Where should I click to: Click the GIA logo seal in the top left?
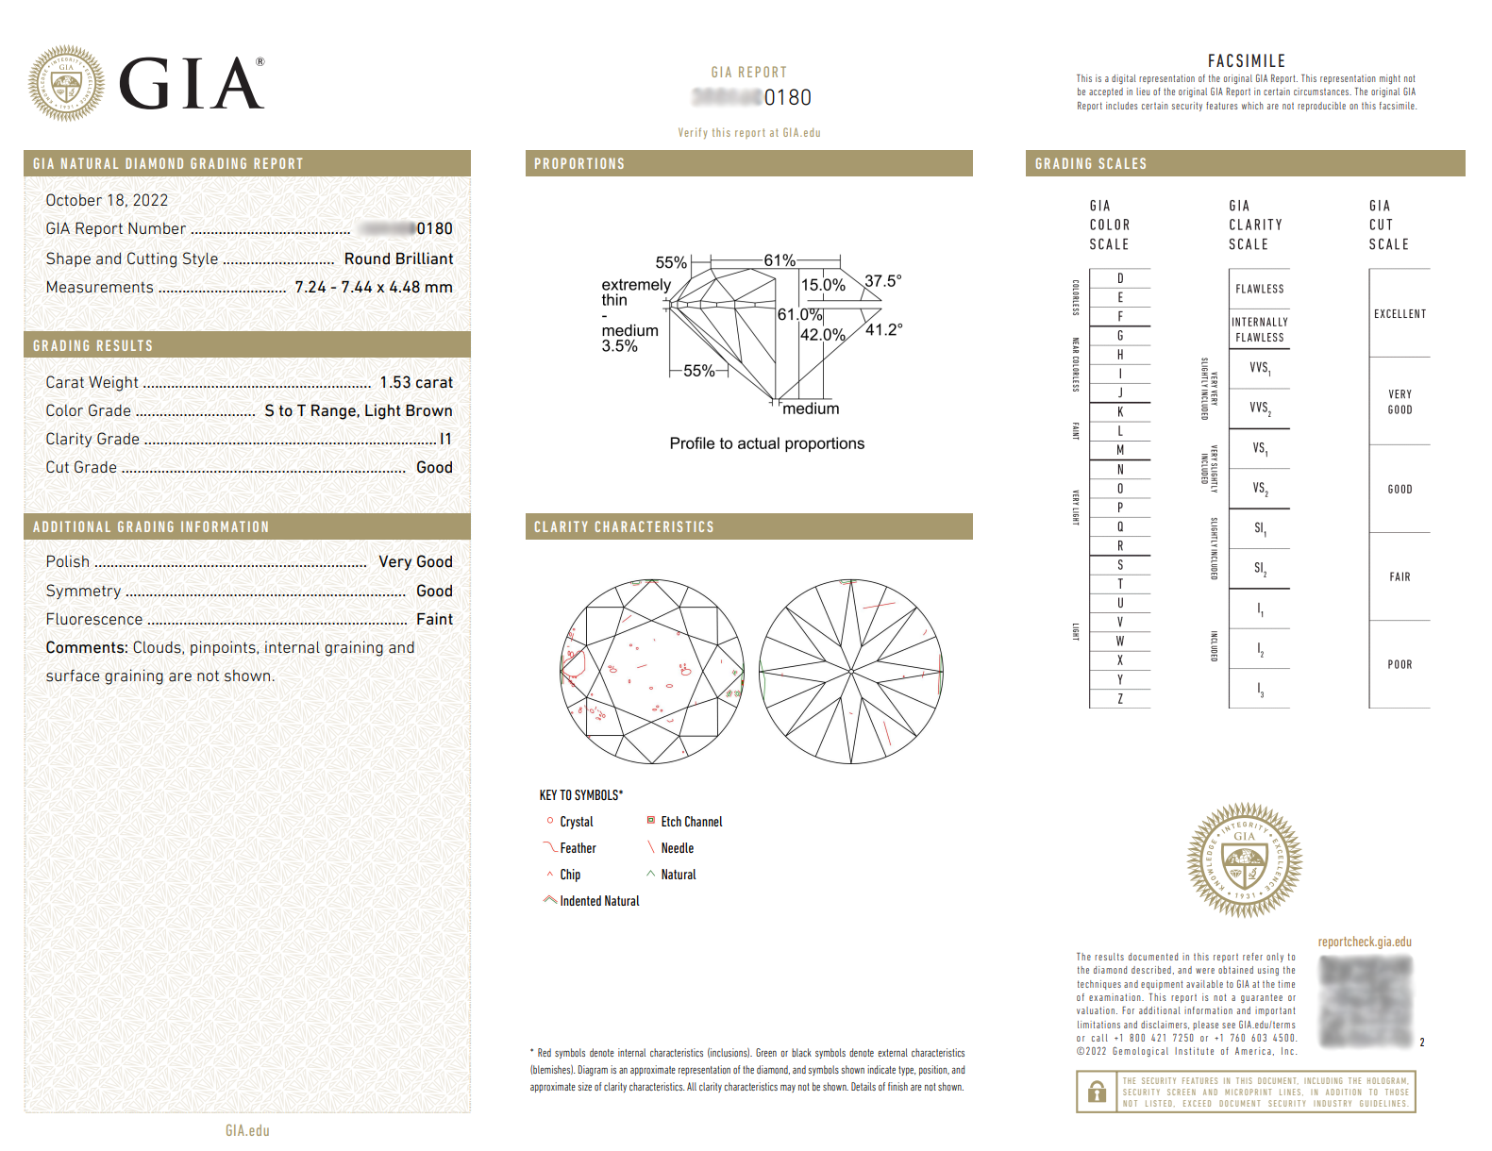coord(66,84)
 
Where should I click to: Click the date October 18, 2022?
coord(107,200)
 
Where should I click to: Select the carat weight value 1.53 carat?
coord(416,382)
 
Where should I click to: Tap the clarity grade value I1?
coord(445,439)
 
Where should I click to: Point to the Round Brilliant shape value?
coord(398,259)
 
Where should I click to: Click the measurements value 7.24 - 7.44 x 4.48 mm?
coord(374,287)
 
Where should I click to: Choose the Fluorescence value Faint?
coord(434,619)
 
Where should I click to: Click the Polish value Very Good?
coord(415,561)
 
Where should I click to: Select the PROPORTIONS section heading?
coord(579,163)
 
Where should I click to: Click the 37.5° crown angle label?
coord(882,281)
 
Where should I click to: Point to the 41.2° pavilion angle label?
coord(883,329)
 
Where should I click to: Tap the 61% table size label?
coord(780,260)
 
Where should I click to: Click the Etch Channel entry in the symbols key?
coord(691,822)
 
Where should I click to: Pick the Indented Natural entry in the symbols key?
coord(599,901)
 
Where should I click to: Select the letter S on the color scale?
coord(1120,565)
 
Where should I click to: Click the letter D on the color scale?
coord(1120,278)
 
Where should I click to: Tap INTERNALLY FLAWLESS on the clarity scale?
coord(1259,329)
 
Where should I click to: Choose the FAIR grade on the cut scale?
coord(1400,576)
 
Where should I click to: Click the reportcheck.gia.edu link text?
coord(1365,942)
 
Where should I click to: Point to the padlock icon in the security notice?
coord(1097,1093)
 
